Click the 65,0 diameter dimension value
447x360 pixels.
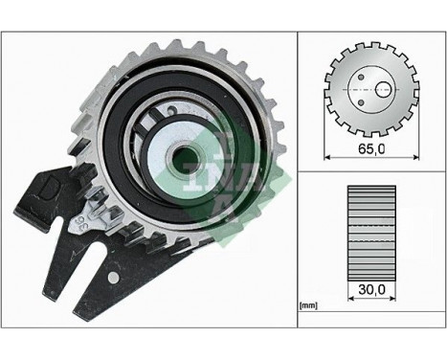coord(369,150)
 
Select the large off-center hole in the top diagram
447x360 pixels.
coord(383,88)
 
